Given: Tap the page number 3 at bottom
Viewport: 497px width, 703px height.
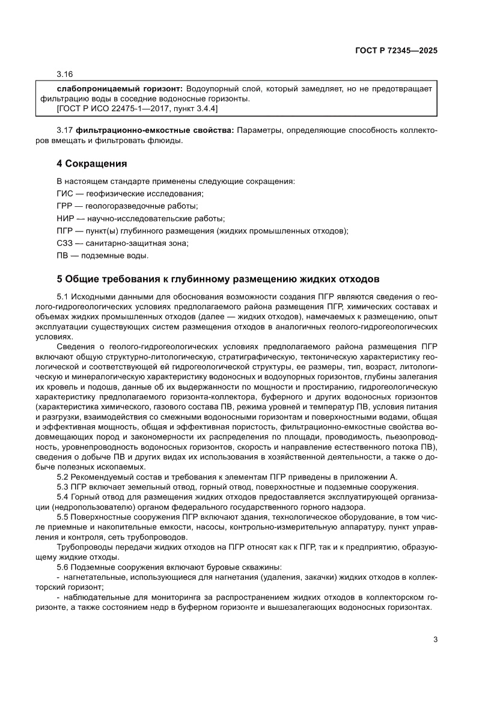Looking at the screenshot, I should click(x=435, y=640).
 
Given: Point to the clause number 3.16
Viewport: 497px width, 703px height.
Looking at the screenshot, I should click(x=64, y=75).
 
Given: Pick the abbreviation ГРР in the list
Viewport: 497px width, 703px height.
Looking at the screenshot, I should click(x=65, y=206).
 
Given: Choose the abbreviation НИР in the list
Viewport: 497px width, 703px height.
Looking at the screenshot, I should click(x=65, y=218).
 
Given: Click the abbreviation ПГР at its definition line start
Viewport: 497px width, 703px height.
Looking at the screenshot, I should click(x=65, y=230).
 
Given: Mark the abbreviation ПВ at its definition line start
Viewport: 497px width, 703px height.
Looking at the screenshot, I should click(x=62, y=256).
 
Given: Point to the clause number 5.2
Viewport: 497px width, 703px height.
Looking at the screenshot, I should click(x=63, y=477).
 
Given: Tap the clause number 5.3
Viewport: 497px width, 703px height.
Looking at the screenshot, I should click(x=63, y=487).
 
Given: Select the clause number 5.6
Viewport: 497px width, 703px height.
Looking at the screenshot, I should click(x=63, y=567).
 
